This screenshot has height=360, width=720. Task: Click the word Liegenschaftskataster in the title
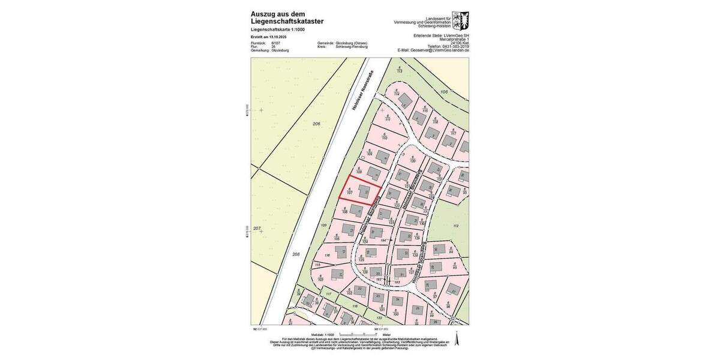[287, 21]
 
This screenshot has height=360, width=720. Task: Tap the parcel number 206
[317, 124]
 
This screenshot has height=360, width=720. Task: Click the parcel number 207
[257, 229]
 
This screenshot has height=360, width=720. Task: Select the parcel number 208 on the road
[296, 254]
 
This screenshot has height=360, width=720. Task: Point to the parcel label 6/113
[399, 70]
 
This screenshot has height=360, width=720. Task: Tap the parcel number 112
[456, 226]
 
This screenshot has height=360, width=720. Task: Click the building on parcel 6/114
[406, 98]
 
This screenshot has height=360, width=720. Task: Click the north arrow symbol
[457, 338]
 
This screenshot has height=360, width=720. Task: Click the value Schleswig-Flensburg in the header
[351, 47]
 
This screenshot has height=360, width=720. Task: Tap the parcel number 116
[327, 255]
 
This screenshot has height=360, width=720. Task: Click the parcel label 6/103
[320, 278]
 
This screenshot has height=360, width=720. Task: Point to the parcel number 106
[444, 91]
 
